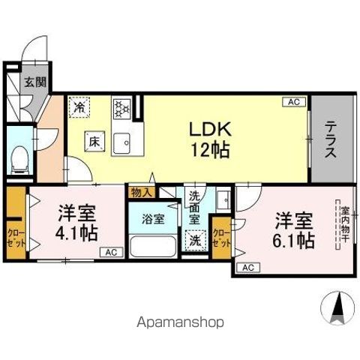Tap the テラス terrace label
click(330, 139)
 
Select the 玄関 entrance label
click(32, 82)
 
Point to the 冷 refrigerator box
click(79, 108)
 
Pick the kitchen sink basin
click(121, 142)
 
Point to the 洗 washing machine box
click(195, 241)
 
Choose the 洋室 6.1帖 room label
click(293, 231)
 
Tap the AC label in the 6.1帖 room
click(247, 268)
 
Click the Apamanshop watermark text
click(179, 322)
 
